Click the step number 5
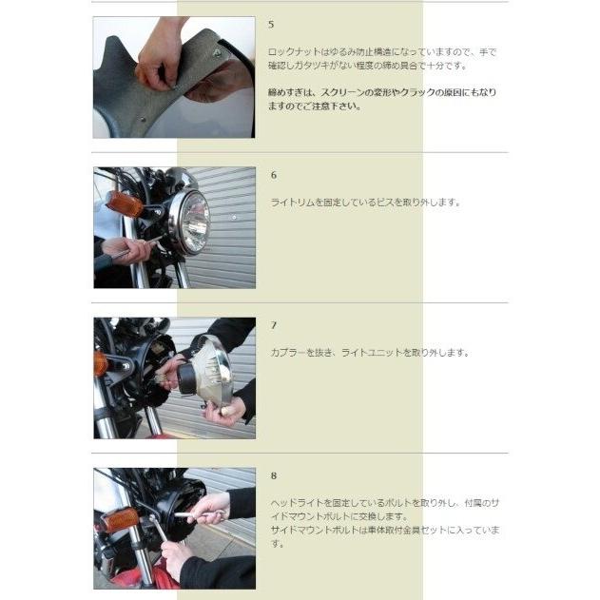tap(271, 25)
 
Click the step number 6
tap(274, 175)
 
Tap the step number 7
tap(274, 325)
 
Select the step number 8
tap(274, 476)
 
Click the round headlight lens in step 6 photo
tap(191, 223)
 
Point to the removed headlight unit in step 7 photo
tap(206, 369)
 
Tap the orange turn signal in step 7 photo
tap(100, 363)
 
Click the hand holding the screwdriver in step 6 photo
tap(126, 250)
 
